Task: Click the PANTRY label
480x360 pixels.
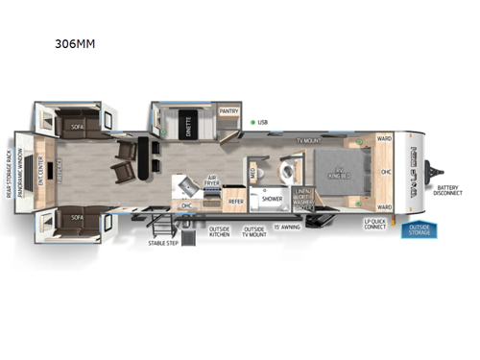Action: click(228, 111)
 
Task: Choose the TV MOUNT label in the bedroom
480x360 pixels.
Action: click(307, 140)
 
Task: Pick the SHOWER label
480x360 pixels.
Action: click(273, 199)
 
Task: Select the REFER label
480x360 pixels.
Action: click(235, 201)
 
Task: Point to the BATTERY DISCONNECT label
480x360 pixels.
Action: click(448, 191)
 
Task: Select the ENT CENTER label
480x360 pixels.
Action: click(40, 171)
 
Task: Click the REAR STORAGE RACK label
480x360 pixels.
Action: click(8, 171)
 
